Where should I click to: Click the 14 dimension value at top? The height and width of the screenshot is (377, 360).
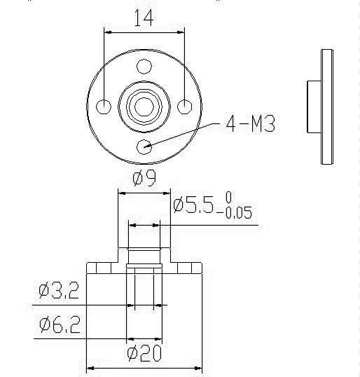[144, 18]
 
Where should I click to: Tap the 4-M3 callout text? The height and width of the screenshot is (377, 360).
[251, 123]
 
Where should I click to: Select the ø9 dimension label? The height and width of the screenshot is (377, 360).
[144, 178]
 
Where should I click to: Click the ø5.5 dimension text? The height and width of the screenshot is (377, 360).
[193, 205]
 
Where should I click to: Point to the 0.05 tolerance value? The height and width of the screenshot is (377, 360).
[239, 212]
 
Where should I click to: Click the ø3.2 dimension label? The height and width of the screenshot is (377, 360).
[59, 290]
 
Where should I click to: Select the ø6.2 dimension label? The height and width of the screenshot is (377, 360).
[60, 324]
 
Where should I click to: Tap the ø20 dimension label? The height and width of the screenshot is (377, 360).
[144, 353]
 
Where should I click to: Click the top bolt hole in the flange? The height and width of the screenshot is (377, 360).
[144, 67]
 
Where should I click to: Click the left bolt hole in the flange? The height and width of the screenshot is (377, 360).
[104, 107]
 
